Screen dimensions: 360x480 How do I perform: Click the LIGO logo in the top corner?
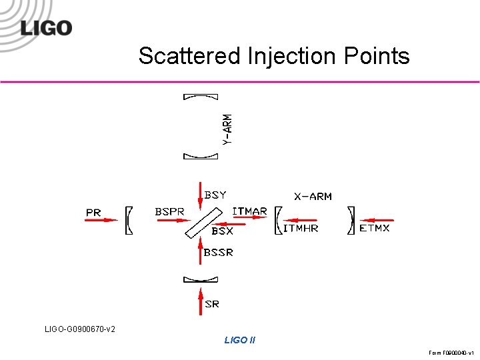(x=45, y=27)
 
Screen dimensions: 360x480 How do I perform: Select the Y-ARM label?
(x=227, y=129)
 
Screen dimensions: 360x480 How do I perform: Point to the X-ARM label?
(x=313, y=197)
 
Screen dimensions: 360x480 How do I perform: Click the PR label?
(x=93, y=212)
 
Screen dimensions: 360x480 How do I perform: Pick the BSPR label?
(x=169, y=211)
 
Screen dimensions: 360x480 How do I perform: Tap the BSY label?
(x=215, y=195)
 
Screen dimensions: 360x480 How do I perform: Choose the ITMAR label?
(x=249, y=211)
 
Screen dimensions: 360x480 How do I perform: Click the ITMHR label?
(x=301, y=228)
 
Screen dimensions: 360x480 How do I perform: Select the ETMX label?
(x=375, y=228)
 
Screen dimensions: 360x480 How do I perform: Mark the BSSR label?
(x=219, y=253)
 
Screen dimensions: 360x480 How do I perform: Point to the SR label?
(x=212, y=304)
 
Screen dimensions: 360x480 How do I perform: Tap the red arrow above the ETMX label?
(x=377, y=220)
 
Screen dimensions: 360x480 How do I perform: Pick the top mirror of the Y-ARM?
(x=200, y=97)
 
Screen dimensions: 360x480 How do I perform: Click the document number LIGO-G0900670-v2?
(x=80, y=329)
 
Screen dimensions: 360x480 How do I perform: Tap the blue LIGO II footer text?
(x=239, y=340)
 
